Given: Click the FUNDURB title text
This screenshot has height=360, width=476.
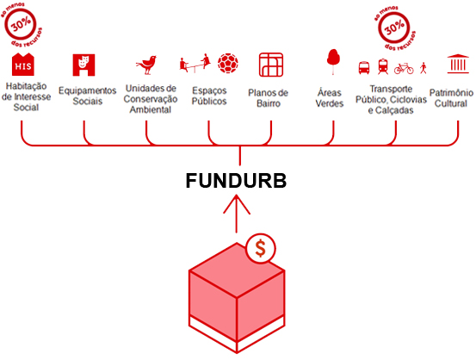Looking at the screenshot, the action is point(236,181).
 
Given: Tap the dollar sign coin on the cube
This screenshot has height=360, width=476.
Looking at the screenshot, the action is point(261,249).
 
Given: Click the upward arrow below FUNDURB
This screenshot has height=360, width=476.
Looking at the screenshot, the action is point(237,214).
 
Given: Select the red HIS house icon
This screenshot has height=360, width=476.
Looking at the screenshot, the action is point(23,65).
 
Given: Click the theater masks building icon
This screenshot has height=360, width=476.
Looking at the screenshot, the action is point(83,65).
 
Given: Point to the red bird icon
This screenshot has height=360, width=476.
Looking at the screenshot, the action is point(146,65).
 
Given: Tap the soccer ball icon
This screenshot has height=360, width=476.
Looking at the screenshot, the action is point(228,63).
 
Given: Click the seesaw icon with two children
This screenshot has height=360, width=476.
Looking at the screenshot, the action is point(195,63).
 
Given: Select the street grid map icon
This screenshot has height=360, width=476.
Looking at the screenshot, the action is point(271,65).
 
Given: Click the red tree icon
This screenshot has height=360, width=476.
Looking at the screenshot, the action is point(333,62).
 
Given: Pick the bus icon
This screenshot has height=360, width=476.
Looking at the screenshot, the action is point(364,68).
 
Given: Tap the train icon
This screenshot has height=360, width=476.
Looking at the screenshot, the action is point(383,66).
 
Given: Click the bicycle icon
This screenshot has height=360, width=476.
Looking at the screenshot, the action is point(404,69).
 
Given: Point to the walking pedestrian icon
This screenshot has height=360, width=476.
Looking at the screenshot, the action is point(423,68).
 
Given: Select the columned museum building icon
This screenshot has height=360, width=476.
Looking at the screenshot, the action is point(458,64).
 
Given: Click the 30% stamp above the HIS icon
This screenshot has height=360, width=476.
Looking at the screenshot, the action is point(22,25).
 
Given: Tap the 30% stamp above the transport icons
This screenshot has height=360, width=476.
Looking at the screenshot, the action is point(394,28).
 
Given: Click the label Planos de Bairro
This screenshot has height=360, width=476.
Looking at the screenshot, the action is point(268,98).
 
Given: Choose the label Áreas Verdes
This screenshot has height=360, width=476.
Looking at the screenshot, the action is point(330,97).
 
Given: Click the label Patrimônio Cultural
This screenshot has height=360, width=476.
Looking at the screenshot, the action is point(451,98).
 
